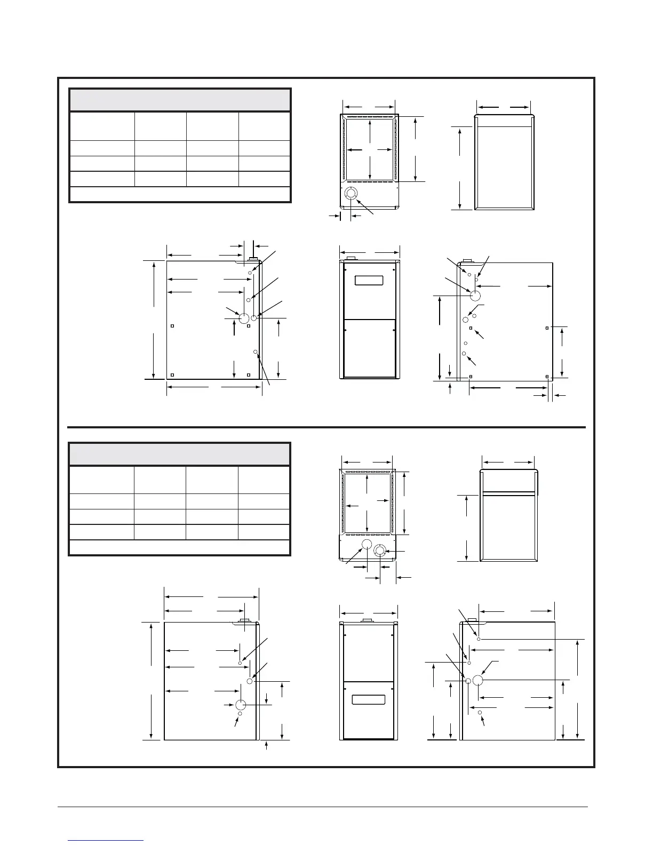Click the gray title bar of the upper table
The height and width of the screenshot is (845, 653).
click(x=180, y=100)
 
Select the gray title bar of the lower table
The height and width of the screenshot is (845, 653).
click(x=180, y=454)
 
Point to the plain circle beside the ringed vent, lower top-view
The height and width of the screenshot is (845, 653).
click(x=367, y=544)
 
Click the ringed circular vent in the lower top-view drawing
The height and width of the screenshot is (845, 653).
click(x=380, y=551)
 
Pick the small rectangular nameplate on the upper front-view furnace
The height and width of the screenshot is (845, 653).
click(x=369, y=280)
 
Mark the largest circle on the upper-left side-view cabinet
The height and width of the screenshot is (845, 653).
click(x=244, y=318)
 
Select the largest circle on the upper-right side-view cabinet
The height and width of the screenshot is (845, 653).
click(x=474, y=295)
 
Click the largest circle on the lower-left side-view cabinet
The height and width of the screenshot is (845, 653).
click(x=241, y=705)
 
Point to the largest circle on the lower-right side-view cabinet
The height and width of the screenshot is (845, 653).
click(x=477, y=680)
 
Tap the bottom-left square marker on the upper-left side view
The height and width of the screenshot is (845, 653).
click(x=172, y=375)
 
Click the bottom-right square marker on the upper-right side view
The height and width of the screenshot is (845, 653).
click(x=547, y=376)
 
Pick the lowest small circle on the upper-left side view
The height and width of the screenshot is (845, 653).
click(x=256, y=352)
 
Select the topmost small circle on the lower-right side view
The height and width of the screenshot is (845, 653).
click(x=479, y=639)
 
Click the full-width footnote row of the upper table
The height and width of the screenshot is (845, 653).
click(x=180, y=194)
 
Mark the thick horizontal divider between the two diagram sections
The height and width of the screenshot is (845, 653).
click(x=326, y=427)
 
